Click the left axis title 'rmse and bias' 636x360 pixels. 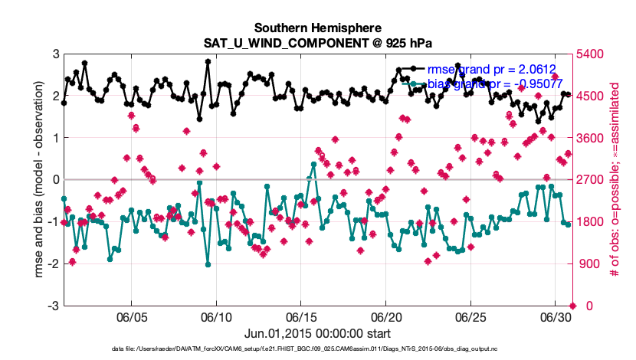tap(38, 180)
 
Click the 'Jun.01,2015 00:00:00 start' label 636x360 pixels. tap(316, 334)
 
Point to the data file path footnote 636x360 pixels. tap(316, 349)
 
